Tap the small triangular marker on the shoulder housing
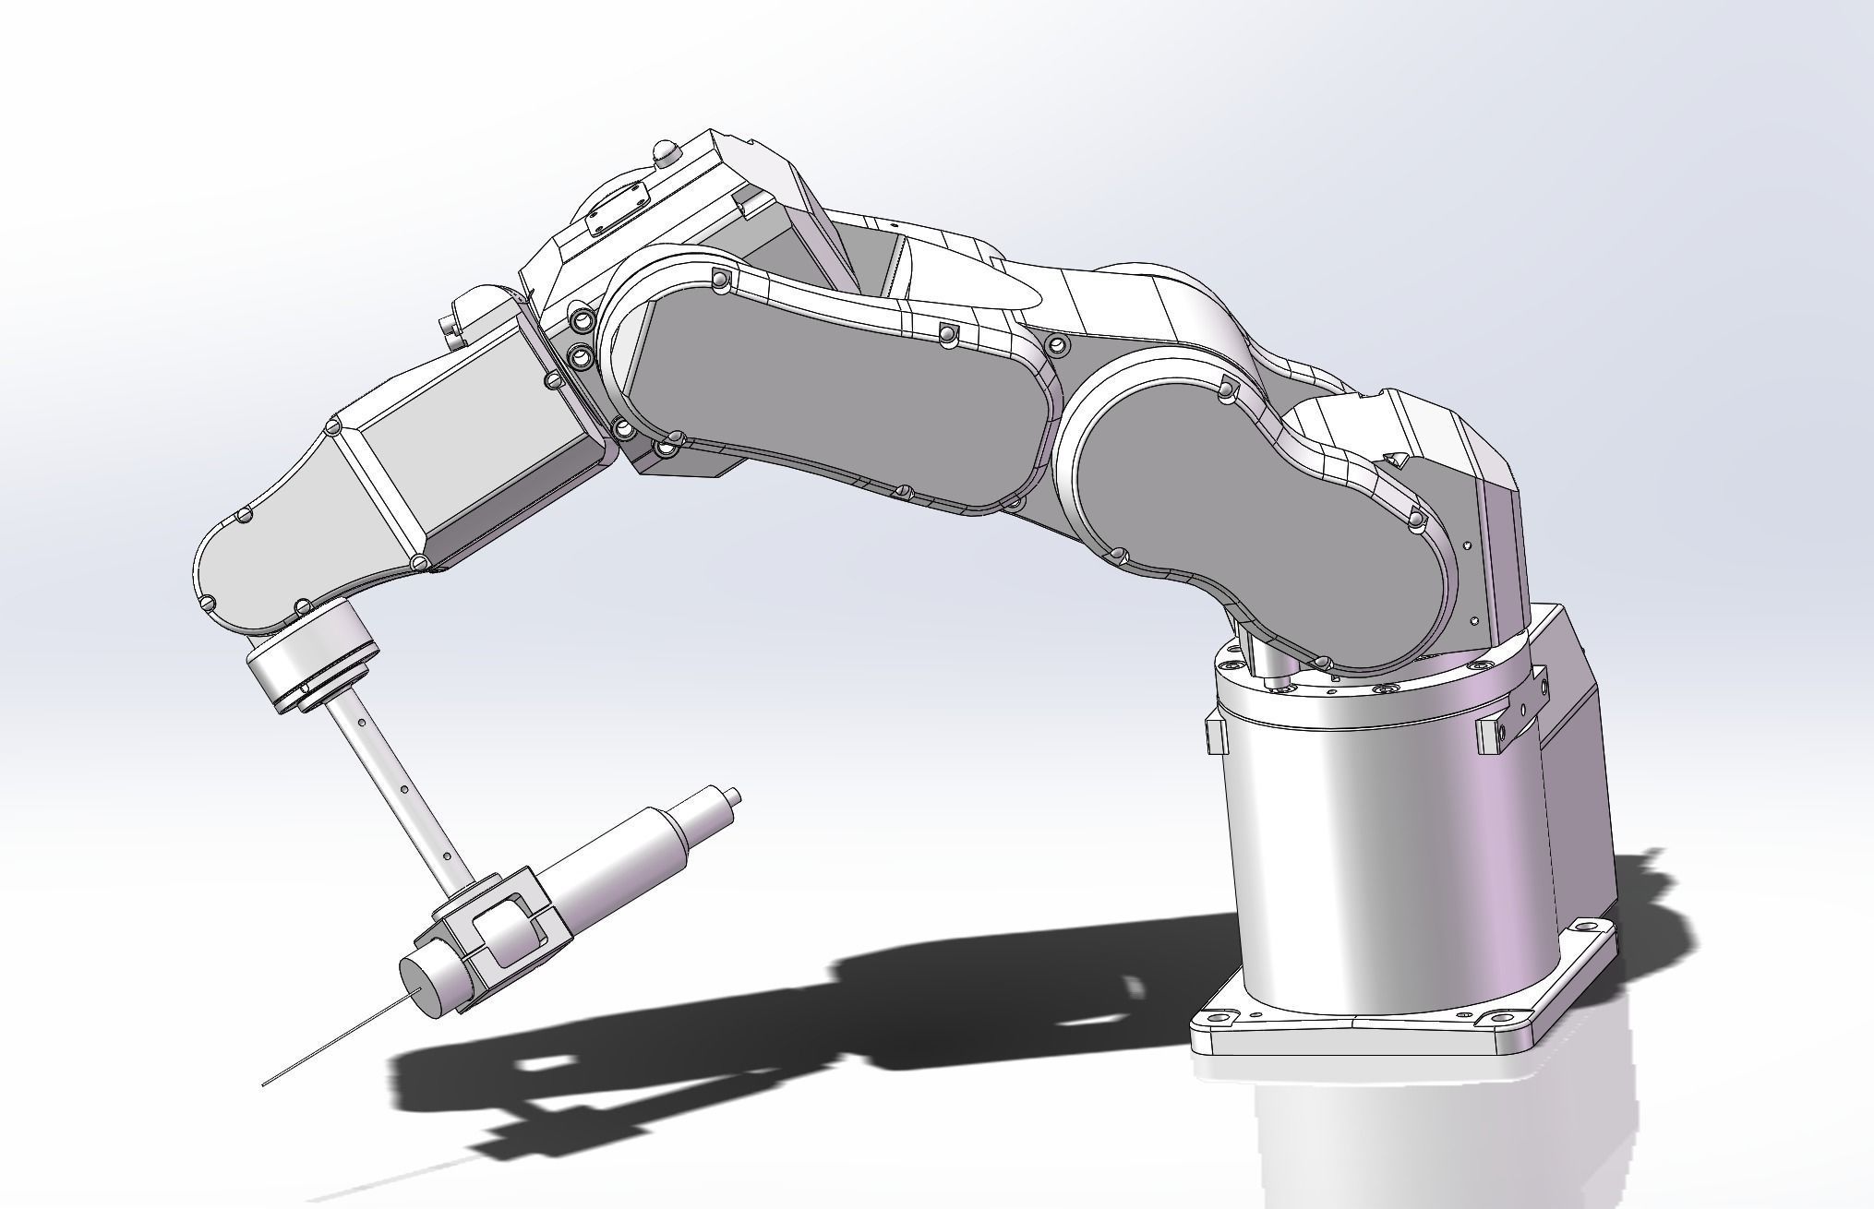pyautogui.click(x=1398, y=458)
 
